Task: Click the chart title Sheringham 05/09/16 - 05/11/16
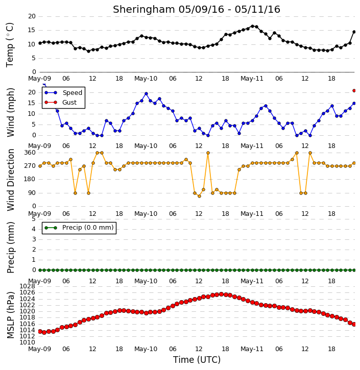point(197,10)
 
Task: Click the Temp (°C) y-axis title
point(10,45)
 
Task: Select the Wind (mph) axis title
point(10,112)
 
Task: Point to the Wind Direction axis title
point(10,180)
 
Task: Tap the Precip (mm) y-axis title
point(10,248)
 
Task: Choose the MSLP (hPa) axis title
point(10,315)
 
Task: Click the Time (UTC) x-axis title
point(197,360)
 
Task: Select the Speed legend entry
point(63,93)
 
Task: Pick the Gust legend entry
point(60,103)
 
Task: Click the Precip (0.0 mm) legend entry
point(79,228)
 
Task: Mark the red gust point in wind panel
point(354,91)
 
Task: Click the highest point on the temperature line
point(252,26)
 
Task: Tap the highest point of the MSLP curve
point(221,294)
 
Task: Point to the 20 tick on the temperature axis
point(32,16)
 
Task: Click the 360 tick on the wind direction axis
point(30,153)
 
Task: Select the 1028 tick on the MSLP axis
point(28,286)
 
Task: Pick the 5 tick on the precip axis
point(34,219)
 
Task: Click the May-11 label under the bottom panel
point(252,349)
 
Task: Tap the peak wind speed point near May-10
point(146,94)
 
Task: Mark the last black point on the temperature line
point(354,32)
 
